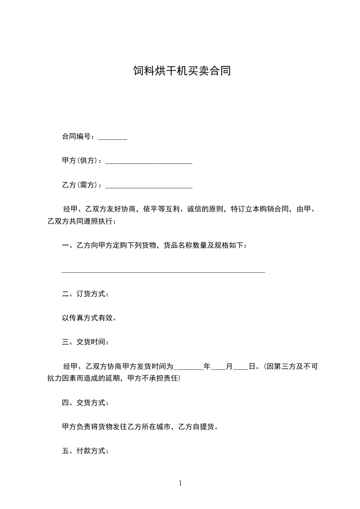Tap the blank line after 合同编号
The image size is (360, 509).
coord(113,138)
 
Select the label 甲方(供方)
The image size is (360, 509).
coord(82,161)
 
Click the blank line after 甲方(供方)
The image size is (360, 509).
coord(149,162)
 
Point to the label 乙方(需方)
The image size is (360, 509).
coord(82,185)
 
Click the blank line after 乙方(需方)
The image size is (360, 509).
coord(149,187)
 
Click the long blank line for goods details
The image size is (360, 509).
coord(163,272)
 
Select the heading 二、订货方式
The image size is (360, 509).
coord(85,294)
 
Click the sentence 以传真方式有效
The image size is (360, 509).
coord(89,318)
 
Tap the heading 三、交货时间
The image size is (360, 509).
coord(85,342)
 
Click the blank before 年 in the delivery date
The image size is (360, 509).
coord(189,367)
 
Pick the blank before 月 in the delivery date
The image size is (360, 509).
coord(219,367)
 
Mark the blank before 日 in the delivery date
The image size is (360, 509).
coord(241,367)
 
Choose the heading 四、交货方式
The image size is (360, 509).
coord(85,402)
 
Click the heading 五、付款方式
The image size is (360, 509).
coord(85,451)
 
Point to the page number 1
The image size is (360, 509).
coord(180,483)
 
